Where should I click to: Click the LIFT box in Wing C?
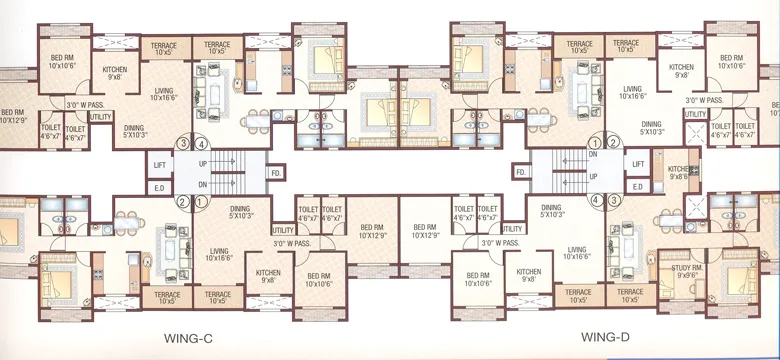[159, 164]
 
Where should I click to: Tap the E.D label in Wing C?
[159, 187]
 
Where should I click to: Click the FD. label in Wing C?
[275, 173]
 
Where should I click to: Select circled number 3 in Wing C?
[183, 143]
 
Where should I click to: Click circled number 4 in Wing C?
[200, 143]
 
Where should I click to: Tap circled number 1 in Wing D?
[597, 143]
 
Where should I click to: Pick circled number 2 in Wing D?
[614, 143]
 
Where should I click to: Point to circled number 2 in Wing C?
[183, 201]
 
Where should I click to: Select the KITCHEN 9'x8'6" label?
[680, 171]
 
